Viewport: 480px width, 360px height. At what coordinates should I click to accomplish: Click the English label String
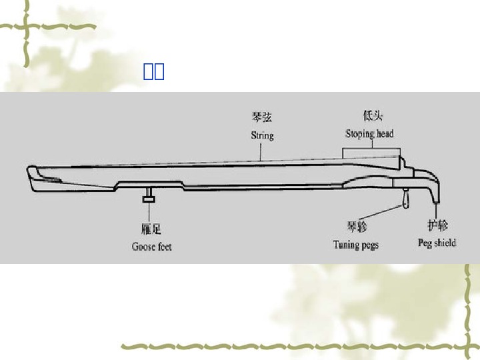pyautogui.click(x=262, y=135)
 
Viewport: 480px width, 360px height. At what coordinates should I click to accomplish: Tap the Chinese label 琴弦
pyautogui.click(x=261, y=117)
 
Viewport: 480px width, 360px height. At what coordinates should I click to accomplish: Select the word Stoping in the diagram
pyautogui.click(x=360, y=133)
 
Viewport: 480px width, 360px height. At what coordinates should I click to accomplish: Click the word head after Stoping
pyautogui.click(x=385, y=133)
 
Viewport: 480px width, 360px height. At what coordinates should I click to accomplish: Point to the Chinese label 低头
pyautogui.click(x=372, y=116)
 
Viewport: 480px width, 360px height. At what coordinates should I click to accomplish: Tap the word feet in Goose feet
pyautogui.click(x=164, y=247)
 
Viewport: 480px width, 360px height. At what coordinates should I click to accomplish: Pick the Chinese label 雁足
pyautogui.click(x=151, y=229)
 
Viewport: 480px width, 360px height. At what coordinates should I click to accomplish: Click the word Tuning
pyautogui.click(x=346, y=245)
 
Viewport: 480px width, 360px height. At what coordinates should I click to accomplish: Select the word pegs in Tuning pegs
pyautogui.click(x=369, y=245)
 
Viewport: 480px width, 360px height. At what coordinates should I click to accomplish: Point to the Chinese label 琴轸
pyautogui.click(x=356, y=227)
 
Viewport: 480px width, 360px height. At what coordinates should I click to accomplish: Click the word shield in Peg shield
pyautogui.click(x=445, y=243)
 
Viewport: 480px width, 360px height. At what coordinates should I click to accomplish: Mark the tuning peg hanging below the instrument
pyautogui.click(x=405, y=198)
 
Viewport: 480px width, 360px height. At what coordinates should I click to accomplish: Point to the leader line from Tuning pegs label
pyautogui.click(x=380, y=212)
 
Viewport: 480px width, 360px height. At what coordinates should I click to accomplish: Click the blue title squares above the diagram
pyautogui.click(x=154, y=71)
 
